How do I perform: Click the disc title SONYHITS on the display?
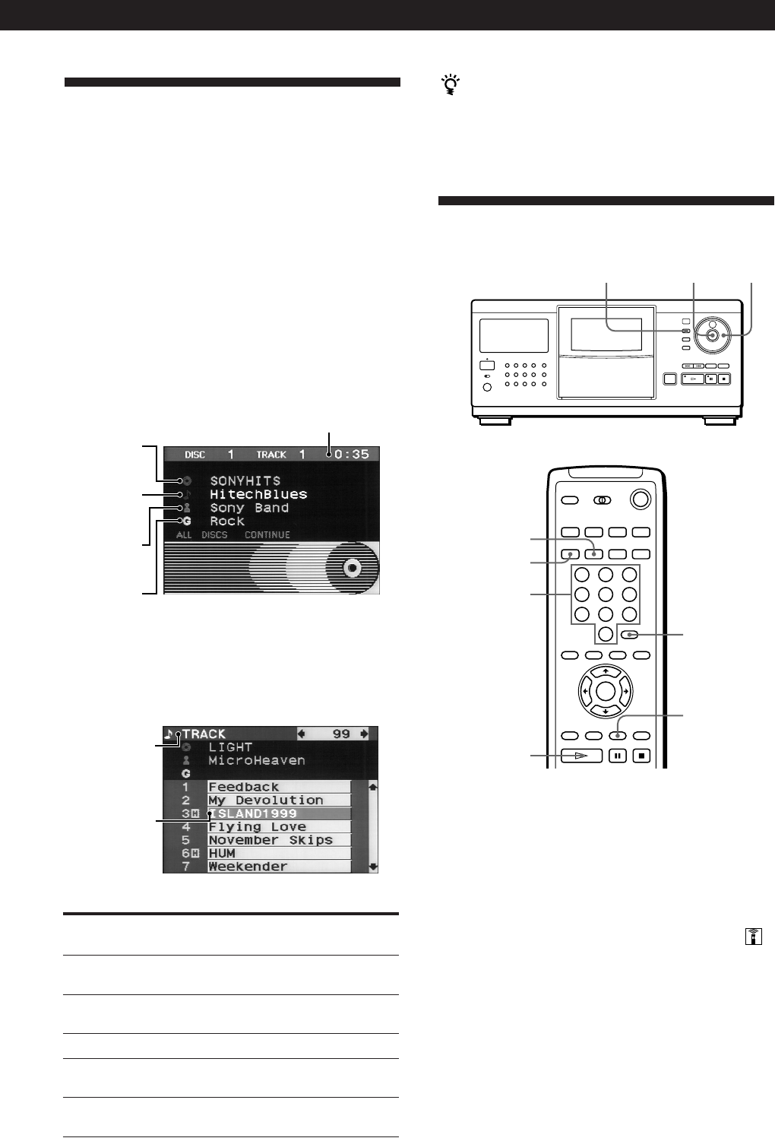click(245, 481)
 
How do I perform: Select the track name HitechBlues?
click(258, 494)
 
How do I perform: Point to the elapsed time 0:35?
click(351, 454)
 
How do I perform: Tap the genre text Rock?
click(227, 521)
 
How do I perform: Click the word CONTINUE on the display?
click(267, 535)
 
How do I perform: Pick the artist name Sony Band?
click(249, 508)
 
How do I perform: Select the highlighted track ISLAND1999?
click(253, 813)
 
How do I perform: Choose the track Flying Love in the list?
click(257, 827)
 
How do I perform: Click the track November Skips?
click(270, 840)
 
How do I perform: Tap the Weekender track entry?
click(248, 867)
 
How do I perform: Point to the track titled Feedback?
click(244, 787)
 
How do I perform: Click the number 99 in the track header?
click(341, 734)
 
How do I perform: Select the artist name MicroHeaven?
click(257, 760)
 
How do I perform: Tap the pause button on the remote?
click(618, 756)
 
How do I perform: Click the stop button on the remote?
click(641, 756)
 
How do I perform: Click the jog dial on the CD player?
click(712, 335)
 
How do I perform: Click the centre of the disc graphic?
click(350, 567)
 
